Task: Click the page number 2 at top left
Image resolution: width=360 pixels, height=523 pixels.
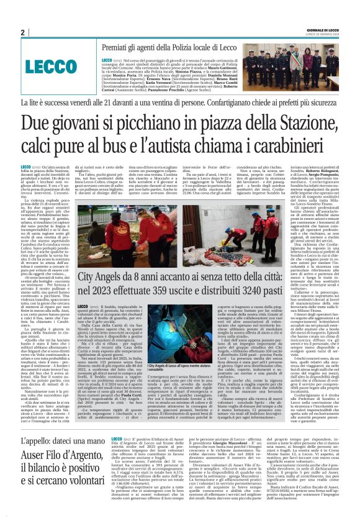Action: tap(22, 32)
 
